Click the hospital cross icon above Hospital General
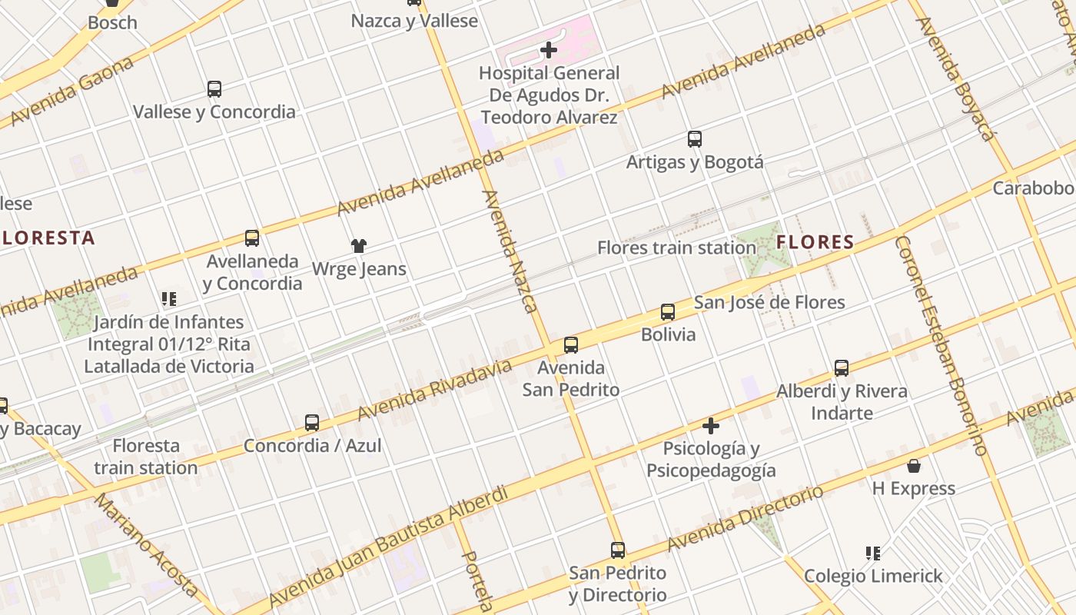(x=548, y=51)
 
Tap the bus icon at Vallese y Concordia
(x=214, y=89)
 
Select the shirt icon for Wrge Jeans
(x=359, y=246)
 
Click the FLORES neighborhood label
(x=815, y=242)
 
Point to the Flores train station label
(x=676, y=248)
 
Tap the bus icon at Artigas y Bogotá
(x=695, y=139)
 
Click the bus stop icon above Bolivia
(x=668, y=312)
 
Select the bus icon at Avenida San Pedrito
(x=570, y=345)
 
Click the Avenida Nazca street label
(x=509, y=251)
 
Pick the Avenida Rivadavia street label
(x=434, y=391)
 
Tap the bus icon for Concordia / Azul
(x=312, y=423)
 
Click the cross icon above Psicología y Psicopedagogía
(x=711, y=426)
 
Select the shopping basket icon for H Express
(x=914, y=466)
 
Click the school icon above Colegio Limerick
(x=872, y=553)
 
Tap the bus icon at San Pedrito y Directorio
(x=618, y=550)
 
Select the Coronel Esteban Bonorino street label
(x=939, y=346)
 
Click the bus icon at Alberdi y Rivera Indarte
(x=842, y=368)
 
